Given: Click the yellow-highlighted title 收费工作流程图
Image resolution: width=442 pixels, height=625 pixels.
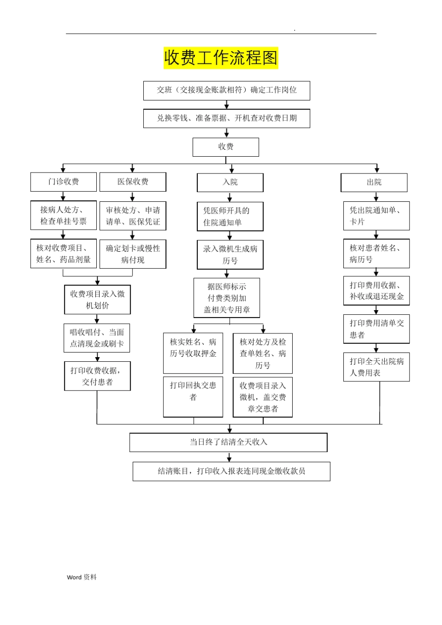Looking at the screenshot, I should point(221,58).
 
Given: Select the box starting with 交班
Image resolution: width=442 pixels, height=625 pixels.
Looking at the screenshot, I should point(227,90).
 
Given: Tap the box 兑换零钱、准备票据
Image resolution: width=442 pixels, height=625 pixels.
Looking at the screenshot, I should point(227,118).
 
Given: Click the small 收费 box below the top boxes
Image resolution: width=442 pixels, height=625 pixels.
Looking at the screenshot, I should point(226,147).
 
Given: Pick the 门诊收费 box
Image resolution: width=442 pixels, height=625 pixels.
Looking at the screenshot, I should point(63,182).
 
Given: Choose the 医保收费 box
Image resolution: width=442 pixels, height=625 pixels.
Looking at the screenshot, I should point(133,182).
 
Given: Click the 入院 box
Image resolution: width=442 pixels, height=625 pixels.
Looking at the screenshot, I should point(230,182).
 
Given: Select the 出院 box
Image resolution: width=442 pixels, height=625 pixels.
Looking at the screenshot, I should point(374,182).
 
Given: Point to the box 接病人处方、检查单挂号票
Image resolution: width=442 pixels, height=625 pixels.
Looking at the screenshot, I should point(63,215).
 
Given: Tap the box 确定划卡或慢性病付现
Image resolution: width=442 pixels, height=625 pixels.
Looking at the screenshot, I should point(133,254).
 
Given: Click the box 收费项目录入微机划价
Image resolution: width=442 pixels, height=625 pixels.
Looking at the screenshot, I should point(97,299).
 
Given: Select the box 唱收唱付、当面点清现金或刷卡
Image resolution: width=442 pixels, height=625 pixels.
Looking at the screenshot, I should point(97,338).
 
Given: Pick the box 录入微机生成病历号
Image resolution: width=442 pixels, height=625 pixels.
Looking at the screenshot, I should point(230,255).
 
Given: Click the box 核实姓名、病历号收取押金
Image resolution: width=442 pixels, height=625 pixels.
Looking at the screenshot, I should point(193,352).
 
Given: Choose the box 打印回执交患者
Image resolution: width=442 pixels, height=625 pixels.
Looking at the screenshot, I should point(193,396).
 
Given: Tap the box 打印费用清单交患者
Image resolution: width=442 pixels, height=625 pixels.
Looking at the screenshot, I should point(376,329).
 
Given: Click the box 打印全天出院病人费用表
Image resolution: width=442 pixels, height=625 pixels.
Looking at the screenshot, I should point(376,367).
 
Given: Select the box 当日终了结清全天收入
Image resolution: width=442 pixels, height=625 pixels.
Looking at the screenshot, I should point(228,442).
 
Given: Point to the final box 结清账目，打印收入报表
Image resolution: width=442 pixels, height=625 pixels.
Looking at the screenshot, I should point(231,471).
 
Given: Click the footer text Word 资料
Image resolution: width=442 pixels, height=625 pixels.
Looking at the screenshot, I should point(82,577).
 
